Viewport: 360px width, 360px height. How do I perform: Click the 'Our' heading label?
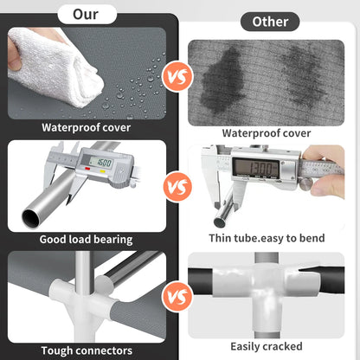86,14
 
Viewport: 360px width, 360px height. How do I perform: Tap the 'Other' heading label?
270,22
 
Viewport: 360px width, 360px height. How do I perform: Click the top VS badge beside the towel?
177,77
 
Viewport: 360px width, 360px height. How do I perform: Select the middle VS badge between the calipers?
177,186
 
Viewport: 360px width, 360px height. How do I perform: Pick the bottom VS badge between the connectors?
177,296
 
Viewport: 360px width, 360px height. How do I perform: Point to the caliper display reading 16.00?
101,163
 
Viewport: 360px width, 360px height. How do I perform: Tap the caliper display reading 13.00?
256,168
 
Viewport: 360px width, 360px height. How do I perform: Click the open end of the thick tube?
31,218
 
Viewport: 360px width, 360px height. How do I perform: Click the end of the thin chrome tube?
220,222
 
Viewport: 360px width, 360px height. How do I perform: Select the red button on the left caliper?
87,169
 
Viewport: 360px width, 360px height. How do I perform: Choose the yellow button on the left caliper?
102,171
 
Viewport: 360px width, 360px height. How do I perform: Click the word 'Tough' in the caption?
58,350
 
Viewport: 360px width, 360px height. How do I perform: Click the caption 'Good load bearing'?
86,240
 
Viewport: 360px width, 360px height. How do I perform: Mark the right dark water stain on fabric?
301,75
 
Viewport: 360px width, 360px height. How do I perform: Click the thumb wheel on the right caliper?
305,183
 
